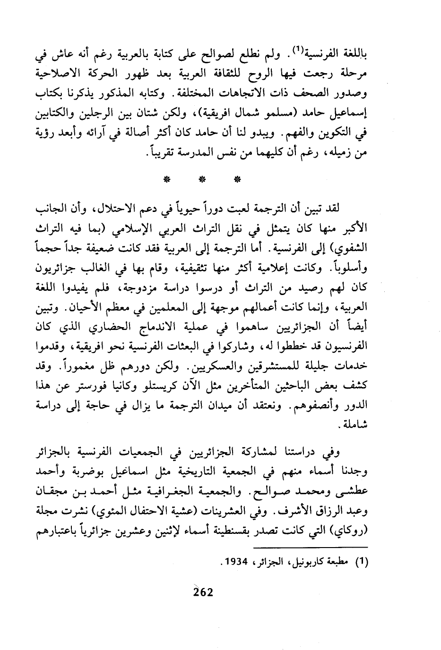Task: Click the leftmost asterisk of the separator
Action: tap(166, 180)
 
